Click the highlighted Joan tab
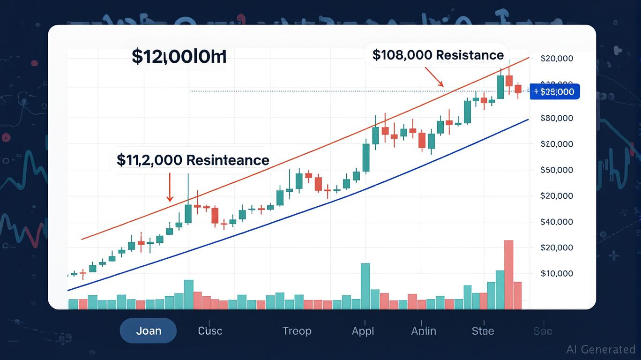pos(148,330)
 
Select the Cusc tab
pos(210,330)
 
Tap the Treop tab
pos(297,330)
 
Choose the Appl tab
pos(363,330)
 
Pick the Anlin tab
pos(424,330)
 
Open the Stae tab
pos(483,330)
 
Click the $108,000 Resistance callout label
pos(438,55)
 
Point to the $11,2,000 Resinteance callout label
pos(193,160)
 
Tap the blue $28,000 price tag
pos(556,92)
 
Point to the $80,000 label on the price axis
pos(557,118)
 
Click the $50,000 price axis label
pos(557,170)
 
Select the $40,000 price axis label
pos(557,222)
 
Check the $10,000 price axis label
pos(557,273)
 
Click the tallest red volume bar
pos(508,274)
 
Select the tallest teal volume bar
pos(365,286)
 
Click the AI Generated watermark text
pos(600,349)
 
